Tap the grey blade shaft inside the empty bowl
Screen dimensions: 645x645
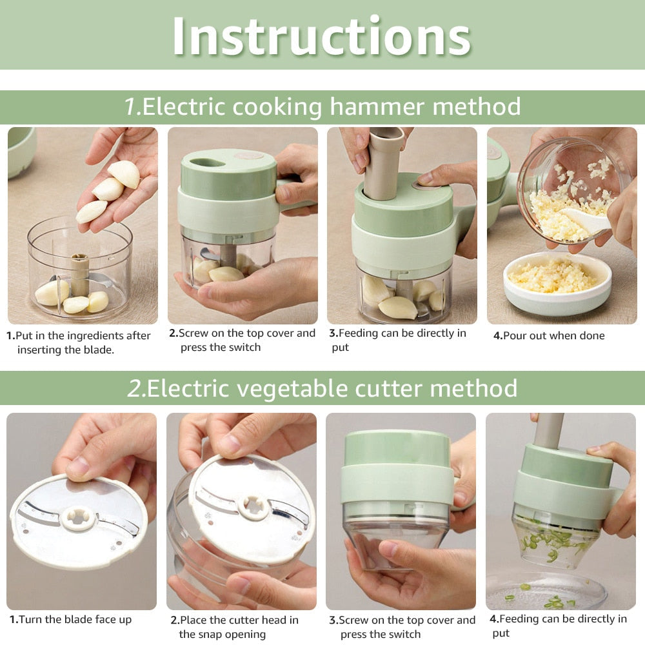point(79,274)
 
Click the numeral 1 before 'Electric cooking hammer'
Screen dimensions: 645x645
point(132,106)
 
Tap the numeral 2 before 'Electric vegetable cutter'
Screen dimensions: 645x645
point(136,388)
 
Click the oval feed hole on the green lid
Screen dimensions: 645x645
point(208,163)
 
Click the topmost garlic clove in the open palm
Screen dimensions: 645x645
point(124,174)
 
